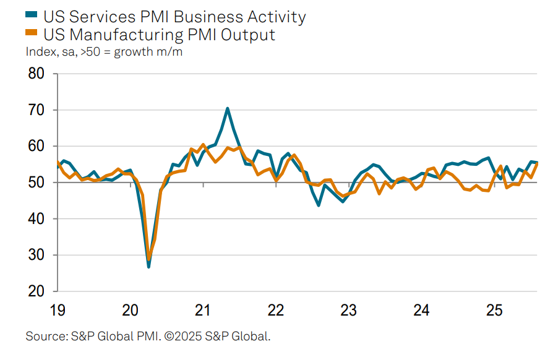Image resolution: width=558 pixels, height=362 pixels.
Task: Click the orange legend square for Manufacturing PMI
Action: [x=32, y=35]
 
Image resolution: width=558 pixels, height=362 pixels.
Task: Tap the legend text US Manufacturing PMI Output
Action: [x=160, y=34]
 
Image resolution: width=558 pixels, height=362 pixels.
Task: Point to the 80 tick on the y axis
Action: [x=36, y=74]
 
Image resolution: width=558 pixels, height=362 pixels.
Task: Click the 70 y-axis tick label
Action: [x=36, y=110]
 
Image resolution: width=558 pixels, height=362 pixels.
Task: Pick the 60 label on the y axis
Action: [x=36, y=147]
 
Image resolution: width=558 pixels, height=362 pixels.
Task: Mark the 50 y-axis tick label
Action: [x=36, y=183]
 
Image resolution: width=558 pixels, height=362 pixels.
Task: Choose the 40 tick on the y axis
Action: [x=36, y=219]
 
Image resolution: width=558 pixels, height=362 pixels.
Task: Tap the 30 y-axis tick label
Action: [x=36, y=255]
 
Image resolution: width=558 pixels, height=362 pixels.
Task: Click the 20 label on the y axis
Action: [x=36, y=291]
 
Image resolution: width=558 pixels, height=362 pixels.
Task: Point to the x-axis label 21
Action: [x=203, y=309]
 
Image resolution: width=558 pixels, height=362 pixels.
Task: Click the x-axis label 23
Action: [x=348, y=309]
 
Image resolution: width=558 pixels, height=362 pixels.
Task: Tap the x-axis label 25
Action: [x=494, y=309]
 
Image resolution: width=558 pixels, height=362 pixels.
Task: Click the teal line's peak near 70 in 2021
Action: [x=227, y=108]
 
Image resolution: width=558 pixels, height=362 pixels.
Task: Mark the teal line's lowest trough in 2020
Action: [x=148, y=267]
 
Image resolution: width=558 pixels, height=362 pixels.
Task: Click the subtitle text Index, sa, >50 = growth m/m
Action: [x=104, y=52]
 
